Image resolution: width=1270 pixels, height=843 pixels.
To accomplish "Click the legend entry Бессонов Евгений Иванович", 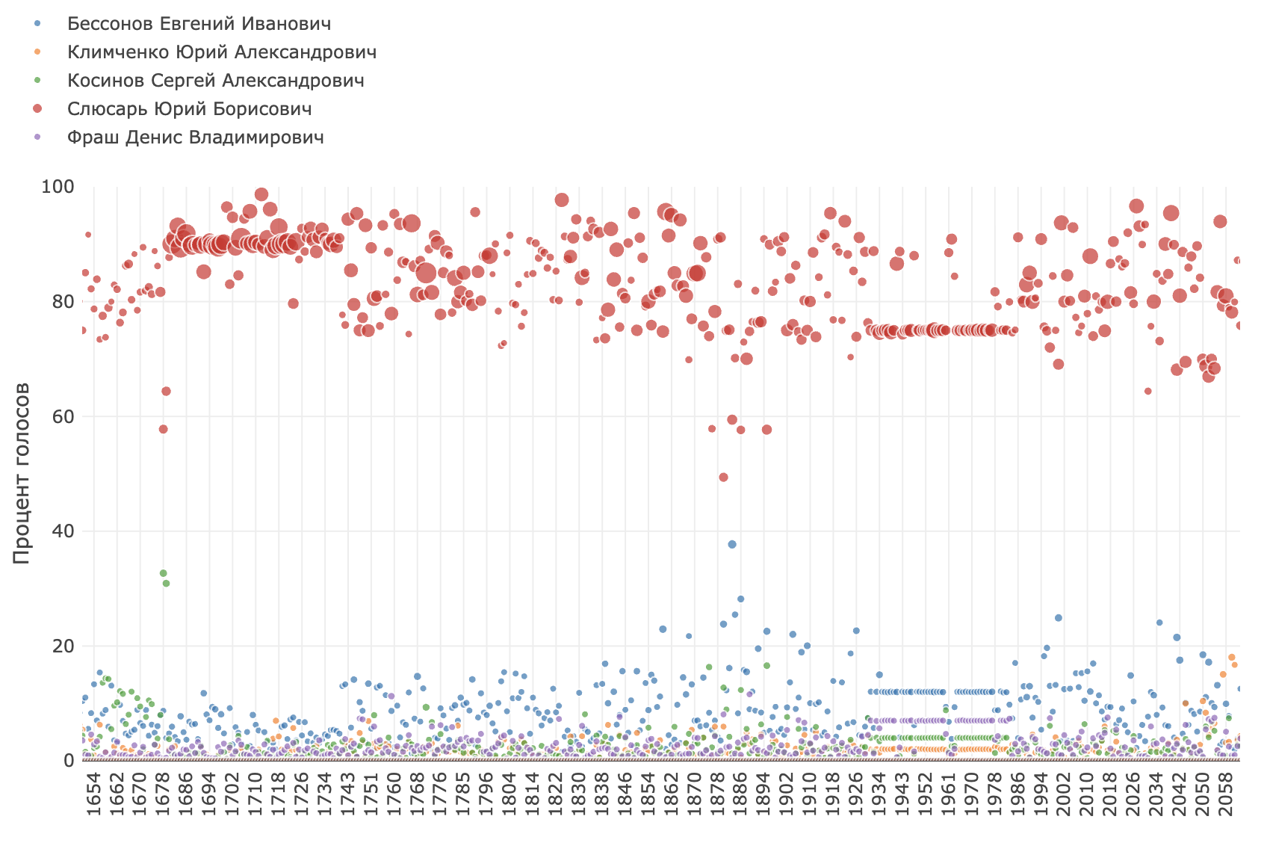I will [x=199, y=24].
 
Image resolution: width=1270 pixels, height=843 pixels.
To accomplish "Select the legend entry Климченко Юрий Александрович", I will [x=221, y=52].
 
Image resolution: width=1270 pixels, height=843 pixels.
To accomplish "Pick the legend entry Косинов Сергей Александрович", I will [x=215, y=81].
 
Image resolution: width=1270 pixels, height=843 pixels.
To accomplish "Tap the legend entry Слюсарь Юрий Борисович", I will [x=189, y=109].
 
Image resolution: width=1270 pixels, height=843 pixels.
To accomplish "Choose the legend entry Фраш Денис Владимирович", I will [x=195, y=138].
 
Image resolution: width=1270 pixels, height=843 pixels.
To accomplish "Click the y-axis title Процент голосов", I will [x=22, y=473].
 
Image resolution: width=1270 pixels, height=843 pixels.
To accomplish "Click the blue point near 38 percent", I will [x=732, y=545].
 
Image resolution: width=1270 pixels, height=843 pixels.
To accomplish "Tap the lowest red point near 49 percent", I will [x=723, y=478].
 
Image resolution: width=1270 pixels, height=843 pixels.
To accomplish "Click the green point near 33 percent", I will [x=163, y=573].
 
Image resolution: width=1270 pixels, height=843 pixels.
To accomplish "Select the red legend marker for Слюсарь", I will [x=37, y=109].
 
